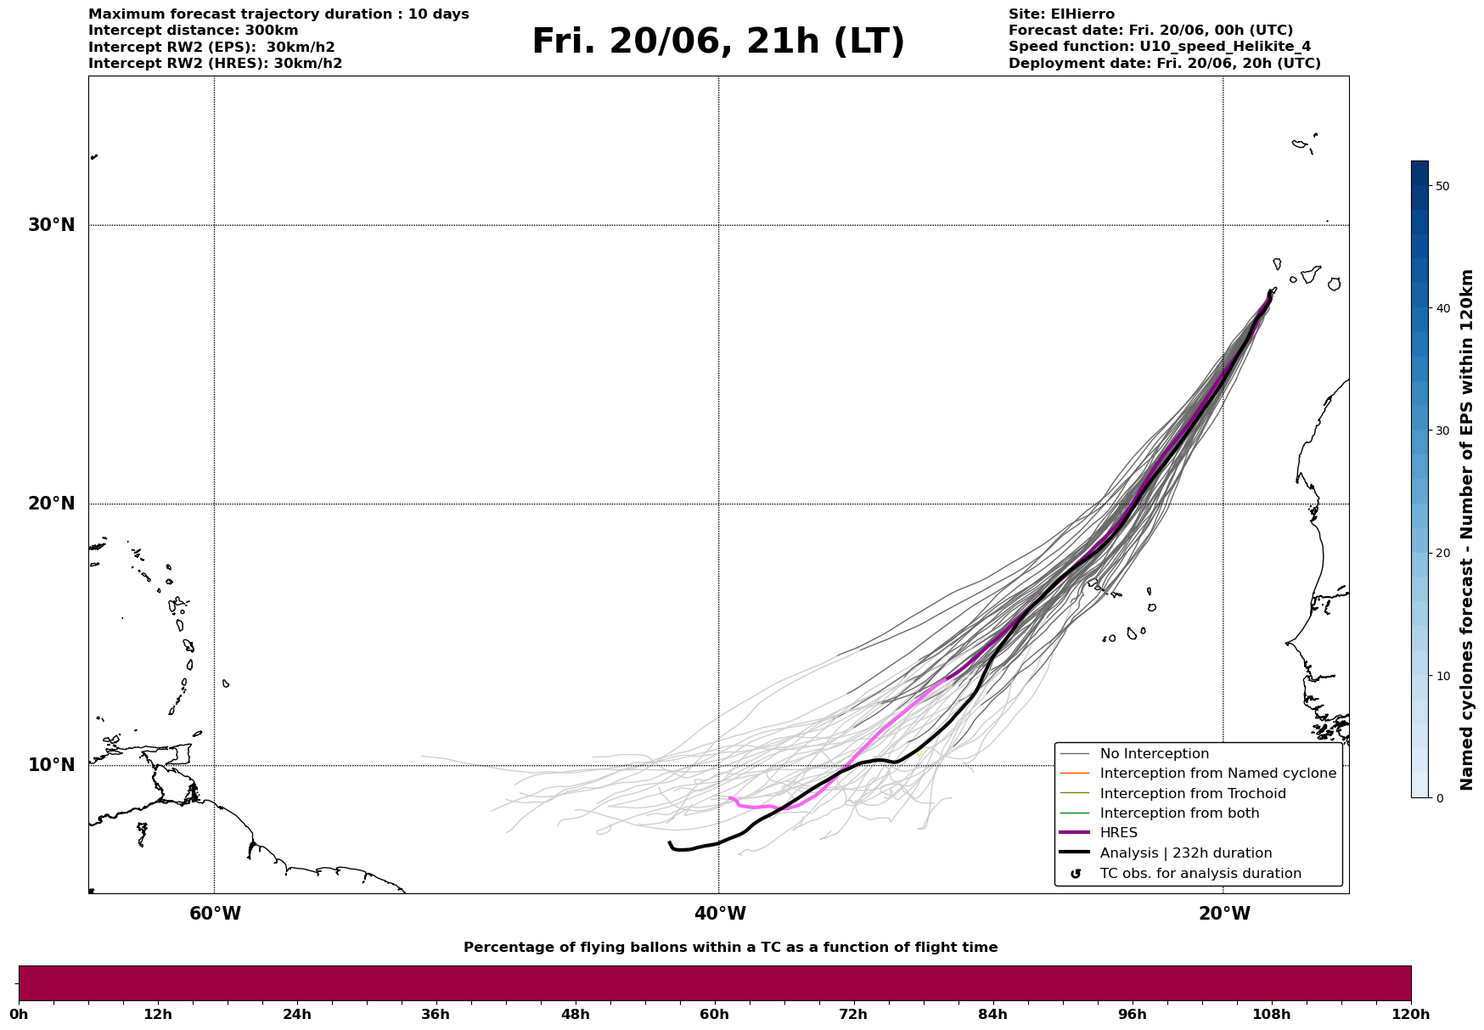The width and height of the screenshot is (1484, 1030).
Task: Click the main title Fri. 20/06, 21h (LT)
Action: click(x=718, y=42)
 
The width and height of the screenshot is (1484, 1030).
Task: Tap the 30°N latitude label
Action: click(x=52, y=225)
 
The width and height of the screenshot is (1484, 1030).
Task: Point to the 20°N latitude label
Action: click(x=52, y=504)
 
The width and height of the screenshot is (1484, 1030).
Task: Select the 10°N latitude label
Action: click(x=52, y=765)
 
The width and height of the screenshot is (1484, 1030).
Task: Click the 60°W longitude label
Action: click(x=215, y=914)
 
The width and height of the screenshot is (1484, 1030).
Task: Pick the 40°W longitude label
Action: click(x=720, y=914)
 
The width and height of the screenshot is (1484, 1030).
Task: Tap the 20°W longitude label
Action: click(x=1224, y=914)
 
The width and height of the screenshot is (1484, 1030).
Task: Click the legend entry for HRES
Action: click(x=1118, y=833)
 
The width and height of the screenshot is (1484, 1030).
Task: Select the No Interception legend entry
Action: click(x=1154, y=754)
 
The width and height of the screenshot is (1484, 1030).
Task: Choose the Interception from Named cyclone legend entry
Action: click(x=1217, y=774)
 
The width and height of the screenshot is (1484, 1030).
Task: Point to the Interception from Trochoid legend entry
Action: click(x=1192, y=794)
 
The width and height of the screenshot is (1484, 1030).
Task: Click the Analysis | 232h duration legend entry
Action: click(x=1185, y=853)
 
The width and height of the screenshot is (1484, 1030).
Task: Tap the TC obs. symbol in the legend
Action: click(x=1076, y=874)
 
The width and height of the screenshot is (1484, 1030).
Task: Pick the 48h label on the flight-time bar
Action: click(x=575, y=1015)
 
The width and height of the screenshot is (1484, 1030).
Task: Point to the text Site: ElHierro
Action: click(x=1061, y=14)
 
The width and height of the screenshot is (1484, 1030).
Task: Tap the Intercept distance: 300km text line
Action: click(x=194, y=31)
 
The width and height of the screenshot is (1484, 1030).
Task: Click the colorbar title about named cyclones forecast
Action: click(x=1466, y=530)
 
